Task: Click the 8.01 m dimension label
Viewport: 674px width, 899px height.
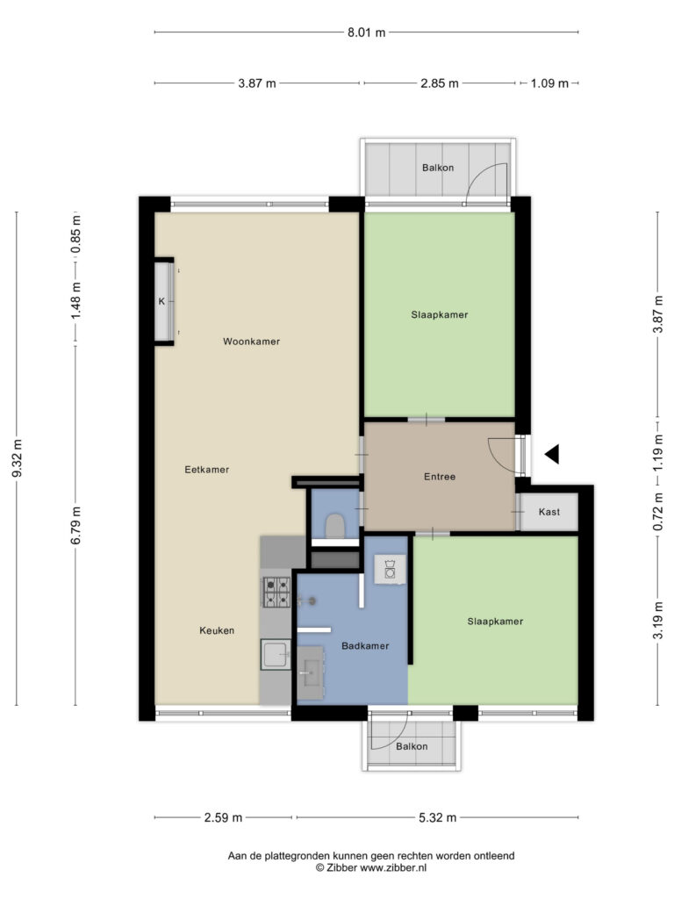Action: [x=366, y=32]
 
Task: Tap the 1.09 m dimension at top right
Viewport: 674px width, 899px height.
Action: [x=549, y=83]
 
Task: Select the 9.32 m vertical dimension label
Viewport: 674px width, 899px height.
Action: [x=17, y=458]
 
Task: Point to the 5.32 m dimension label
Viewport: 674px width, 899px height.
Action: [x=437, y=817]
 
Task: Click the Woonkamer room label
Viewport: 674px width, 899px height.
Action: [x=252, y=342]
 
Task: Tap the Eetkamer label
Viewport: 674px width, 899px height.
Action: [x=207, y=470]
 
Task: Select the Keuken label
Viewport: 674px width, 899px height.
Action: [x=217, y=630]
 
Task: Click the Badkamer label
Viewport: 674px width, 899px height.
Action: [x=365, y=646]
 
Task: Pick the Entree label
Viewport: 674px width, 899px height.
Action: [x=440, y=477]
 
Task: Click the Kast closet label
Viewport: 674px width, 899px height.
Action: [x=549, y=512]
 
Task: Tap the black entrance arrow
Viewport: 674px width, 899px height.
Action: [x=553, y=455]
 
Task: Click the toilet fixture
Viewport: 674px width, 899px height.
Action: [x=334, y=526]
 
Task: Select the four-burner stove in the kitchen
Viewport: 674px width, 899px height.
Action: [x=276, y=593]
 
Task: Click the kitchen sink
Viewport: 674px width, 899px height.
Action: [x=276, y=655]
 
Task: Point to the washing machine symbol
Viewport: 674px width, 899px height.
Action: [x=390, y=569]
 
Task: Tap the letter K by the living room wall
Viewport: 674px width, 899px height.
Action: [x=161, y=301]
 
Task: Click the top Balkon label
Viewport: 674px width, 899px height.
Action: [x=438, y=168]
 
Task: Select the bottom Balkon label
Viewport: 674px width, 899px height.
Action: [x=412, y=746]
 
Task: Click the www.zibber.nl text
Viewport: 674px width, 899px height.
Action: [x=393, y=868]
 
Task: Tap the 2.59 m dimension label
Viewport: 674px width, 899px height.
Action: [x=223, y=817]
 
